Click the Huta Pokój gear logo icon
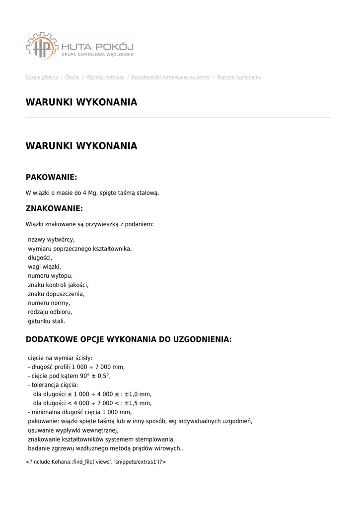point(42,46)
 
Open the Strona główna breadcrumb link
point(42,77)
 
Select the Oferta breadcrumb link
point(72,77)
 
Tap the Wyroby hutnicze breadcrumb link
point(105,77)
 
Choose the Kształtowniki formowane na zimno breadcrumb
point(170,77)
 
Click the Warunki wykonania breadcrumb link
point(239,77)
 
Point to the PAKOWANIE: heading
point(51,177)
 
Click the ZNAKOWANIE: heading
point(54,208)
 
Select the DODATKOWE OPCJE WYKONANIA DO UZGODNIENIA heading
point(129,339)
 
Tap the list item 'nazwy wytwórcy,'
point(51,240)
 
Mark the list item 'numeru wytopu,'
point(50,276)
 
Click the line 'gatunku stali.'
point(47,321)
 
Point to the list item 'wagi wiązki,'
point(44,267)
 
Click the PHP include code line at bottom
point(96,462)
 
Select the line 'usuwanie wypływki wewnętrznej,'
point(73,430)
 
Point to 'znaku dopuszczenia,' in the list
point(56,294)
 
